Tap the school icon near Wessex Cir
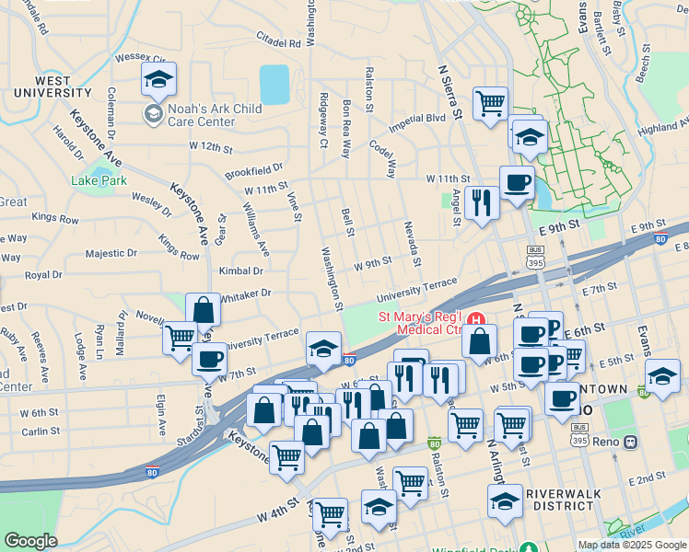pyautogui.click(x=159, y=80)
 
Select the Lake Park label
pyautogui.click(x=99, y=180)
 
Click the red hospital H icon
pyautogui.click(x=476, y=318)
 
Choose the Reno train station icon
pyautogui.click(x=631, y=441)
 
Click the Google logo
pyautogui.click(x=29, y=541)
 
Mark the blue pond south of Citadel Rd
pyautogui.click(x=274, y=84)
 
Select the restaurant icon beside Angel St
pyautogui.click(x=481, y=202)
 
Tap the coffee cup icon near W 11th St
pyautogui.click(x=517, y=181)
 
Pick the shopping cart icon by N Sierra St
pyautogui.click(x=490, y=102)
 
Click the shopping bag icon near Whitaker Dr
pyautogui.click(x=203, y=310)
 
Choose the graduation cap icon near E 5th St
pyautogui.click(x=661, y=375)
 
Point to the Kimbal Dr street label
pyautogui.click(x=241, y=271)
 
